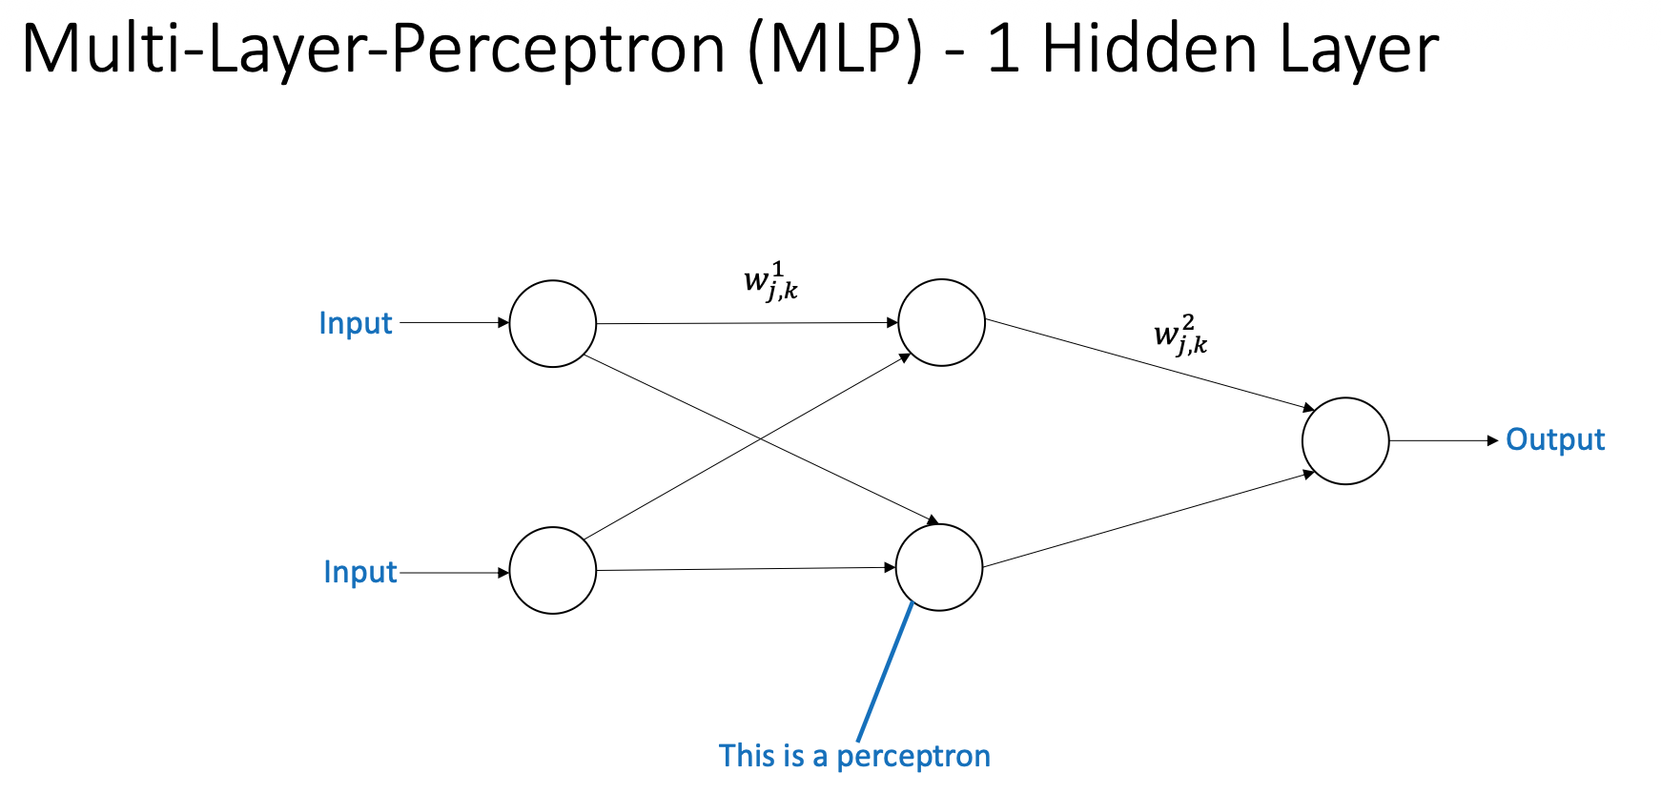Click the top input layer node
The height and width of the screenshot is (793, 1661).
point(553,324)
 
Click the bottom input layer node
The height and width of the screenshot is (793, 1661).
point(553,570)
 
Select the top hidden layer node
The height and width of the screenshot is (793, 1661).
point(941,322)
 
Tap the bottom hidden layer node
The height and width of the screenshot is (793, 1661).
point(939,567)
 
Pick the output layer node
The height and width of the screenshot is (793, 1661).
point(1345,440)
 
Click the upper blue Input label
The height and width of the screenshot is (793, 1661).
point(356,323)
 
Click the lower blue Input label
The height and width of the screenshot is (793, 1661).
point(360,572)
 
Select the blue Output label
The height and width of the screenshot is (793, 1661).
point(1555,439)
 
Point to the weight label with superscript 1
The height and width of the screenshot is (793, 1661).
point(770,283)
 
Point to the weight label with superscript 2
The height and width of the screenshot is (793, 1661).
point(1180,336)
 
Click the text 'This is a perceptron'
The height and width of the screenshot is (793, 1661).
point(854,756)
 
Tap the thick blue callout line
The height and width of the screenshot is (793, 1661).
point(885,672)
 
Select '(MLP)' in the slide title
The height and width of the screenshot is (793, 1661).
point(835,50)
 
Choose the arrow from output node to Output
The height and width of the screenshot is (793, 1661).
point(1444,440)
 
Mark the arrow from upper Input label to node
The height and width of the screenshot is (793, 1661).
point(454,323)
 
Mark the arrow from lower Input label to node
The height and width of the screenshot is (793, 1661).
point(454,573)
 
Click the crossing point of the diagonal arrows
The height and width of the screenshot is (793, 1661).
point(760,438)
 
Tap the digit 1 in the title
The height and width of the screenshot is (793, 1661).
point(1003,50)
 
